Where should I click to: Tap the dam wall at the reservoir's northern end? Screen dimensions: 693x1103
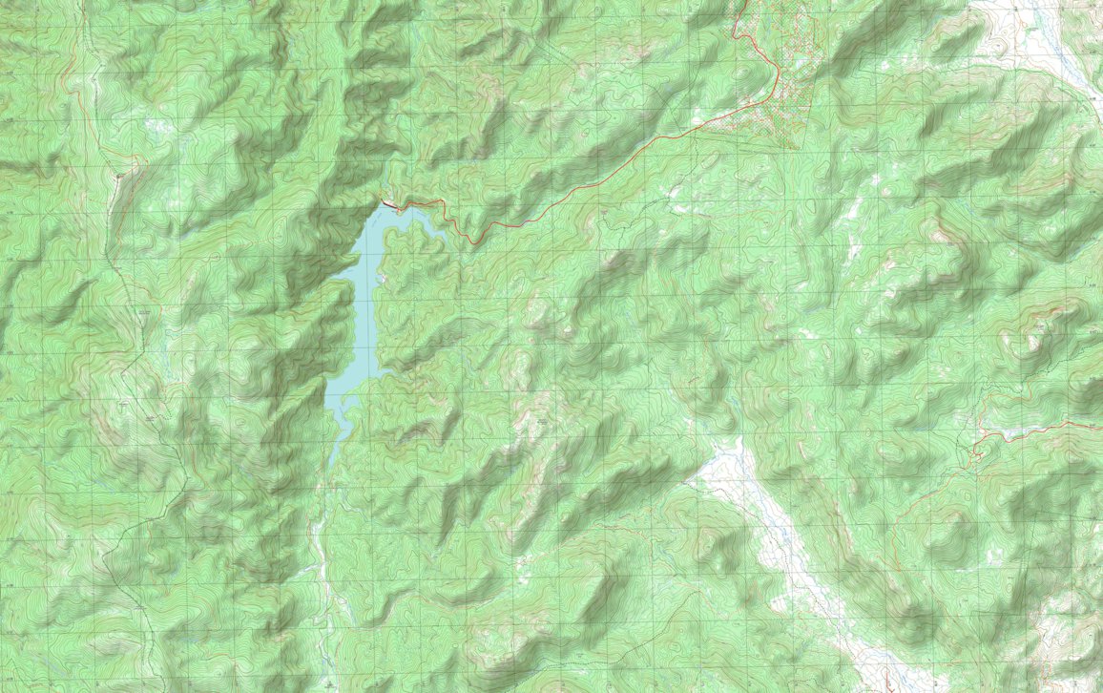click(389, 202)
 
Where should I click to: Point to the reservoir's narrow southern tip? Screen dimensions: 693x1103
click(331, 460)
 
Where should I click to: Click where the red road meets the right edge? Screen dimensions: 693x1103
click(1100, 422)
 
